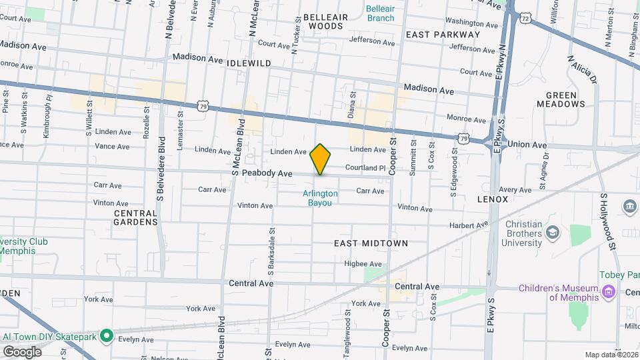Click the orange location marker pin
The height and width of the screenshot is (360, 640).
point(321,159)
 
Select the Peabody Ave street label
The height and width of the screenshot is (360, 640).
point(267,173)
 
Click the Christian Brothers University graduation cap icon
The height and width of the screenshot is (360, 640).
point(552,232)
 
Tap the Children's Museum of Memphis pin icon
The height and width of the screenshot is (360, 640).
point(607,291)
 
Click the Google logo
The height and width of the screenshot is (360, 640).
point(22,351)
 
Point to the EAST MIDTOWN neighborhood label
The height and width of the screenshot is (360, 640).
point(371,244)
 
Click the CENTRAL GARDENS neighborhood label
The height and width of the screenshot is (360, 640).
point(136,217)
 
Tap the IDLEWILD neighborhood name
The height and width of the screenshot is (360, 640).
point(249,63)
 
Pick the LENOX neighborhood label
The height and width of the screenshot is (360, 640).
point(493,199)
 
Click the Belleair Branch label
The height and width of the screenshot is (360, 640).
point(380,13)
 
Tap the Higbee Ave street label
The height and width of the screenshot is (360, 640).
point(363,264)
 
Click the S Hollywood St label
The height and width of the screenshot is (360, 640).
point(608,223)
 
